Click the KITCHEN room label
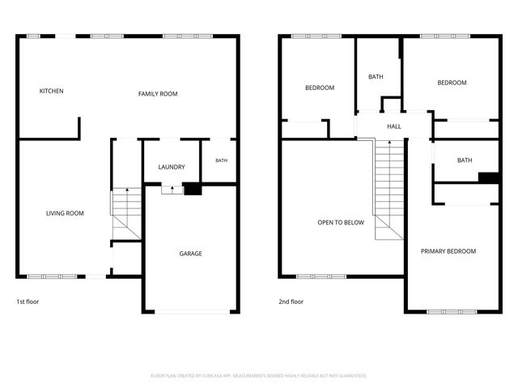coord(51,91)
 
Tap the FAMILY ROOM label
coord(158,94)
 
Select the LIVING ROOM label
coord(65,213)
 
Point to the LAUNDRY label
coord(172,167)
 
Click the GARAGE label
coord(191,254)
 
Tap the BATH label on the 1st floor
coord(221,160)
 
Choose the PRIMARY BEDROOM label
coord(448,251)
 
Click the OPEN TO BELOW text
coord(341,223)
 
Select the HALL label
coord(394,126)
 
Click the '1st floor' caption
coord(28,301)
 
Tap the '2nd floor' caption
coord(291,301)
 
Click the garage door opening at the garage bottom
coord(192,311)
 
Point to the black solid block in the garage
coord(193,189)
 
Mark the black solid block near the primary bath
coord(488,178)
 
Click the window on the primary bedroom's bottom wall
coord(452,311)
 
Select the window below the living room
coord(52,276)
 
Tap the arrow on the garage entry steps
coord(172,190)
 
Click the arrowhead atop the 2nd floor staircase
coord(389,143)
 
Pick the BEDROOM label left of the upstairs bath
coord(320,88)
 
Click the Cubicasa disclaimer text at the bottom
coord(259,376)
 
